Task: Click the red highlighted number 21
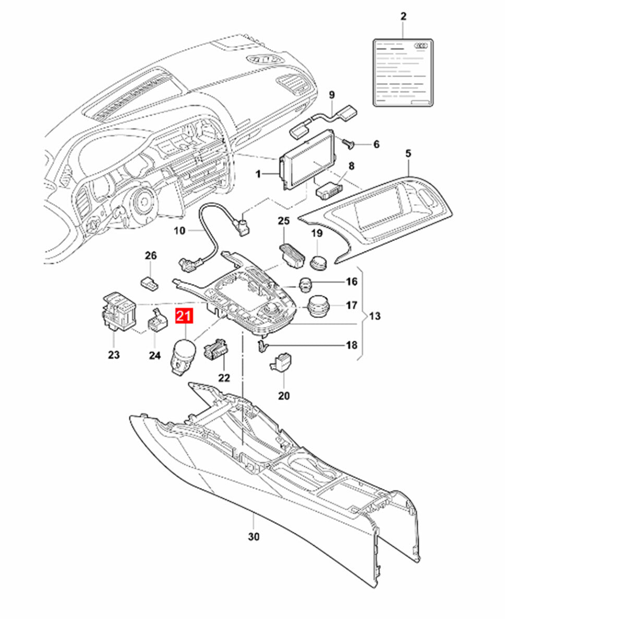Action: coord(184,317)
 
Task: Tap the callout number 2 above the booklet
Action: coord(403,16)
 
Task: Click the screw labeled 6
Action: coord(349,143)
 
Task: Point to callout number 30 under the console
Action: coord(254,537)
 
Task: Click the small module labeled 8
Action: coord(329,191)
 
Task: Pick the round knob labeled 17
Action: coord(318,306)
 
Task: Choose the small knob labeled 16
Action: coord(305,285)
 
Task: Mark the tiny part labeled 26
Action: coord(150,282)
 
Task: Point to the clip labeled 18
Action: coord(262,346)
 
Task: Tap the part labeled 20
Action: coord(280,362)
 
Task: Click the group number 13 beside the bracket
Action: coord(375,316)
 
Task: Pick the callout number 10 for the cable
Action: coord(179,231)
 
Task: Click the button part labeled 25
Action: coord(292,256)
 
